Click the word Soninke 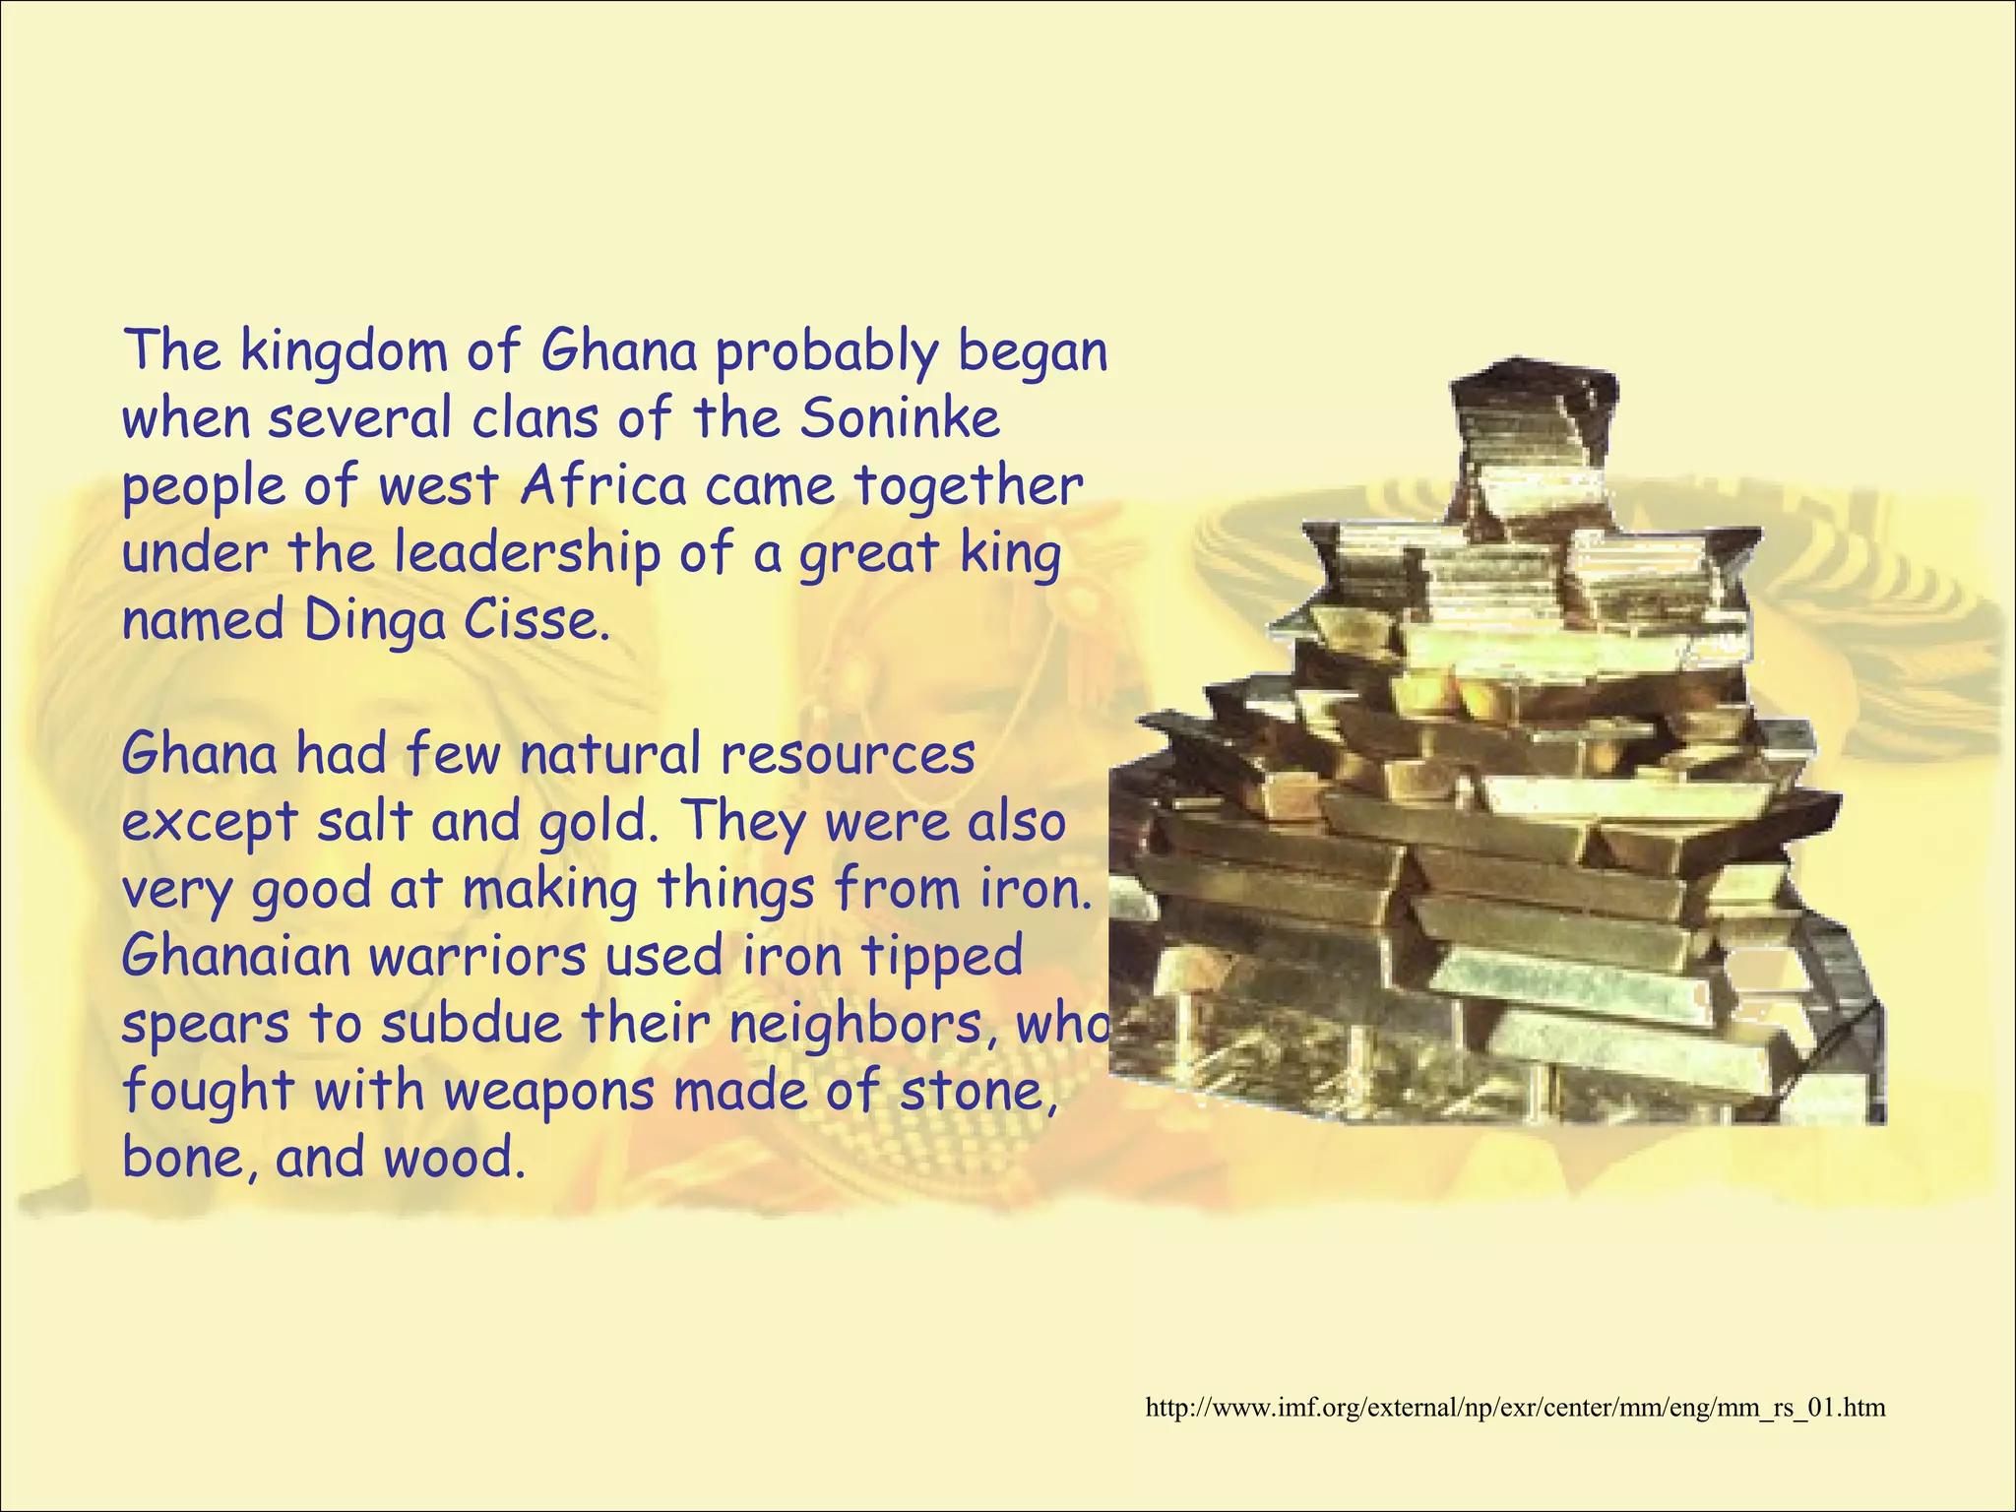click(x=900, y=418)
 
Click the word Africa click(x=602, y=485)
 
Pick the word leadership click(x=528, y=554)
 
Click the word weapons click(x=549, y=1092)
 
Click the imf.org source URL click(x=1515, y=1408)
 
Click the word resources click(x=848, y=756)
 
